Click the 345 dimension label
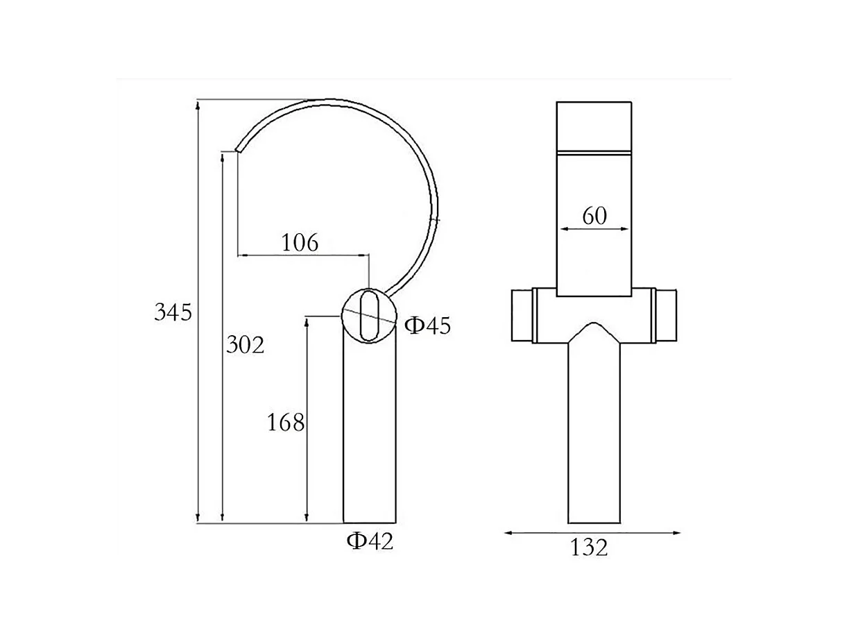coord(172,313)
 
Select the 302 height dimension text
coord(246,345)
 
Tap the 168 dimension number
coord(286,422)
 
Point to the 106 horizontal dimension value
coord(300,243)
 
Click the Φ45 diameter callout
coord(427,325)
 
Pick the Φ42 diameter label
coord(370,541)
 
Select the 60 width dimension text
coord(594,216)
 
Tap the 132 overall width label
coord(590,548)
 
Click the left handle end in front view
coord(522,316)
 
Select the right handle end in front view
coord(667,316)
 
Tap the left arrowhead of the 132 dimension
coord(508,533)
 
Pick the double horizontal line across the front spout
coord(594,151)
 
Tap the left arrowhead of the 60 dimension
coord(563,228)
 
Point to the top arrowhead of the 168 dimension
coord(307,321)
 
